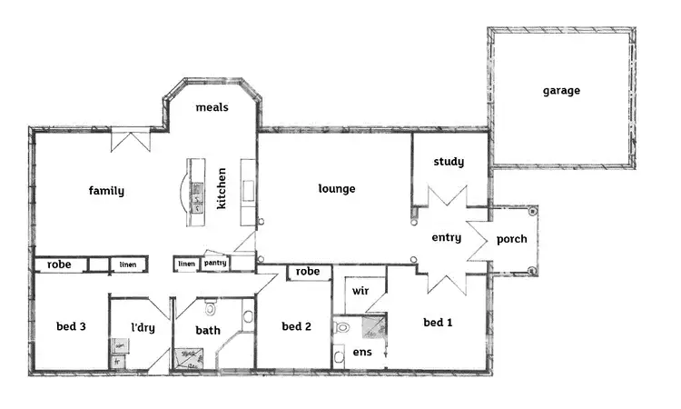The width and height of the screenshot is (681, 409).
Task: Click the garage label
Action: click(x=561, y=91)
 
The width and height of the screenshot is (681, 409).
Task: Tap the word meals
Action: click(x=212, y=107)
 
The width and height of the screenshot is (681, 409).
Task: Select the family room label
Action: click(x=106, y=191)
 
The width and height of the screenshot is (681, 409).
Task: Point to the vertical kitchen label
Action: click(x=222, y=188)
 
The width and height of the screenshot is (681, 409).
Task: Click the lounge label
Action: click(x=336, y=189)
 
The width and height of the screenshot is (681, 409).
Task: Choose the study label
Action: click(x=449, y=162)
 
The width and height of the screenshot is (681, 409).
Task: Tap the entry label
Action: click(x=446, y=238)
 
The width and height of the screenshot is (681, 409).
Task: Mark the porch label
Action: click(x=512, y=240)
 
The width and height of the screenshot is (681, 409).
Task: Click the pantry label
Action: click(x=215, y=264)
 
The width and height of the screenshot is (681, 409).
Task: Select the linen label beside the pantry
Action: click(x=186, y=264)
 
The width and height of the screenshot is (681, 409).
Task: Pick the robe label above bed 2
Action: click(x=308, y=272)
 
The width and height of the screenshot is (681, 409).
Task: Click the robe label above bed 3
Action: click(x=59, y=264)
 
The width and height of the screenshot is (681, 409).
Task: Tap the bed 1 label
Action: click(x=439, y=323)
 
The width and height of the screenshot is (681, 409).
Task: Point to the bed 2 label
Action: click(x=297, y=327)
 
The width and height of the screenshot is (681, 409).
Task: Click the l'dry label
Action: click(x=143, y=327)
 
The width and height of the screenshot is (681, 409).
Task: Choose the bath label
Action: click(x=208, y=332)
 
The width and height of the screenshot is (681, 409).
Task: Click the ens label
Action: click(x=361, y=352)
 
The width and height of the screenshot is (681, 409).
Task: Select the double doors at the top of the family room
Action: click(x=130, y=141)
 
